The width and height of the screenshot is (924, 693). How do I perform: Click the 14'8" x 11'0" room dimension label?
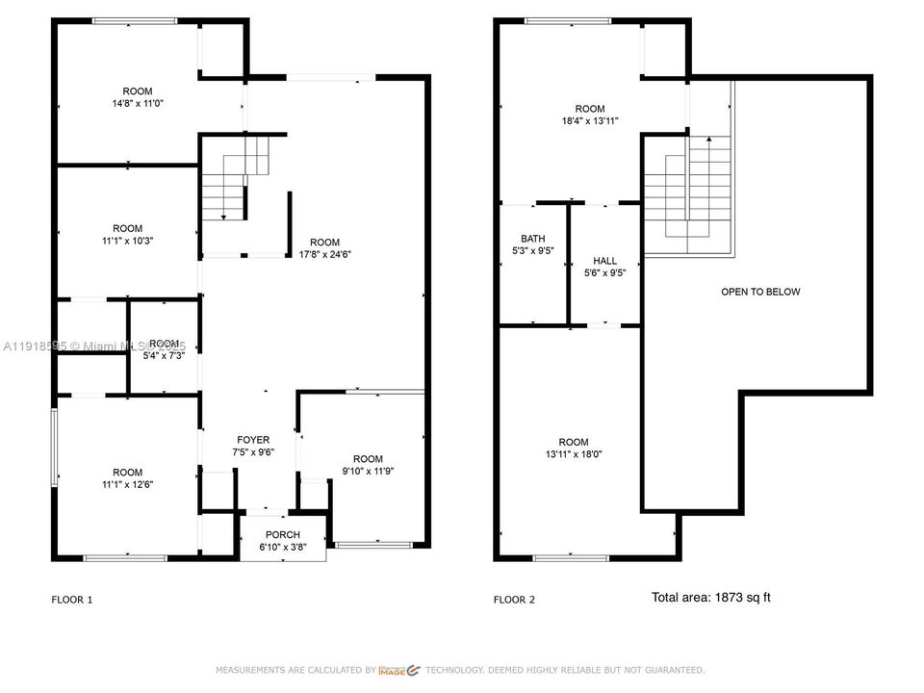coord(138,104)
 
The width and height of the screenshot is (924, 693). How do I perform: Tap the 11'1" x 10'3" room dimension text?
coord(127,241)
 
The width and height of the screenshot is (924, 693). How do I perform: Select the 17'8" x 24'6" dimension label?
coord(324,255)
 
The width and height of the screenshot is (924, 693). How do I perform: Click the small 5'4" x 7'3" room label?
coord(165,356)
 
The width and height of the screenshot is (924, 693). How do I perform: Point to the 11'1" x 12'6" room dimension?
coord(127,484)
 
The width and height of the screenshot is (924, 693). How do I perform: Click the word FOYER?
coord(254,440)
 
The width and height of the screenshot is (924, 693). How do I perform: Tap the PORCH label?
coord(283,535)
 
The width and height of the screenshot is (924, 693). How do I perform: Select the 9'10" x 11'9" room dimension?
coord(367,471)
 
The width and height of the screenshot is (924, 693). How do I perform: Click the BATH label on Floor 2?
coord(532,239)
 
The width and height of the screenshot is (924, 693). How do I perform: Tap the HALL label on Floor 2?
coord(604,261)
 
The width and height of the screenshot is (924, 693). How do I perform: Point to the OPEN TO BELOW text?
coord(760,292)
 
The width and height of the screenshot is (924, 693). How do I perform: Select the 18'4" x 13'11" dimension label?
coord(590,121)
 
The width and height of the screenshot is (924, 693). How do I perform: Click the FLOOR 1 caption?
coord(72,600)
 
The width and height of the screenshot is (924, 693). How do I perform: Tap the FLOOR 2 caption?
coord(514,600)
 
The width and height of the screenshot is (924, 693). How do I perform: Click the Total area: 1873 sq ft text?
coord(710,598)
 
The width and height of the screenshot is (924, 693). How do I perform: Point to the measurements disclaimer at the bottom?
coord(460,670)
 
